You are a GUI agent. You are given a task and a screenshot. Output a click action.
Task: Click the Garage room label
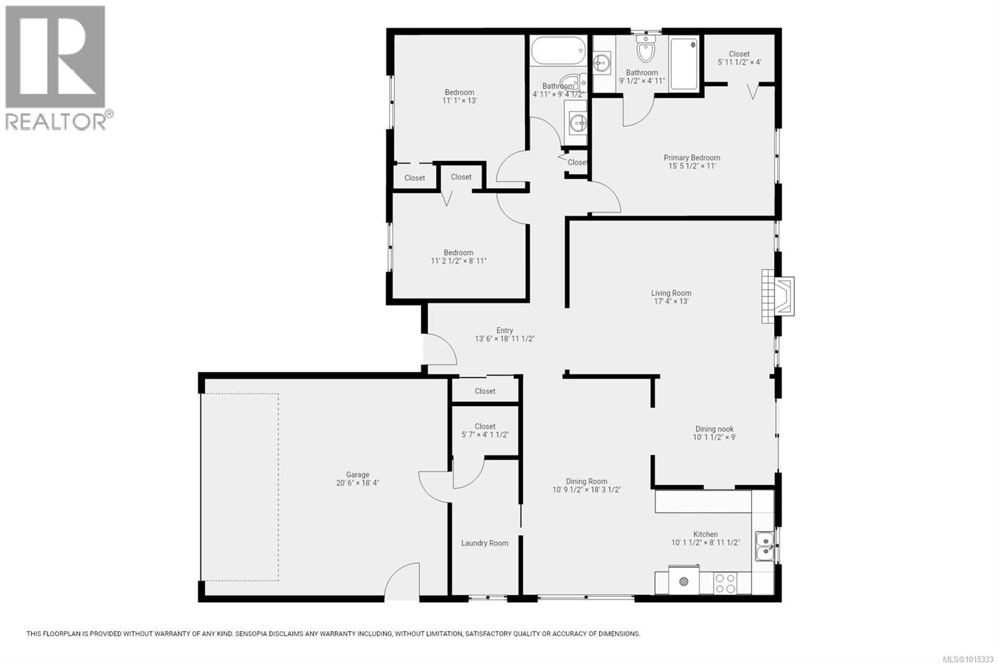(358, 475)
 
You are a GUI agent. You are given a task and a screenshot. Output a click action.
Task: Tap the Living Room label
(671, 293)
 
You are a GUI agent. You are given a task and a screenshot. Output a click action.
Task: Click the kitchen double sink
(764, 546)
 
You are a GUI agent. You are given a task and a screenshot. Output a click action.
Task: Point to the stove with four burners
(725, 583)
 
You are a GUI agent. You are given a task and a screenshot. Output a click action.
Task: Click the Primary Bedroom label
(692, 158)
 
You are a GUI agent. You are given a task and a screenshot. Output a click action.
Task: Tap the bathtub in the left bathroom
(559, 50)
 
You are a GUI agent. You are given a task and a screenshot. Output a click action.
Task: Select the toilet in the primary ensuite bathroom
(646, 49)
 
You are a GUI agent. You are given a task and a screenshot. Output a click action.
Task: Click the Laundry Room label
(484, 543)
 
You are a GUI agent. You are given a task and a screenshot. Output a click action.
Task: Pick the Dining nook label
(714, 429)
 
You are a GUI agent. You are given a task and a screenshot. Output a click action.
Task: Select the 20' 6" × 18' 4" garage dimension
(358, 483)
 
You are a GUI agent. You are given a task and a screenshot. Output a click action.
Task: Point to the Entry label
(505, 331)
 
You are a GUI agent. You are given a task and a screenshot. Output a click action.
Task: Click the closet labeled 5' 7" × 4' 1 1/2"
(485, 430)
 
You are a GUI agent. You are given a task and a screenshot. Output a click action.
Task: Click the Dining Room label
(586, 481)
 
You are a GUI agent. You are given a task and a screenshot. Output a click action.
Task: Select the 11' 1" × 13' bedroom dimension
(460, 100)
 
